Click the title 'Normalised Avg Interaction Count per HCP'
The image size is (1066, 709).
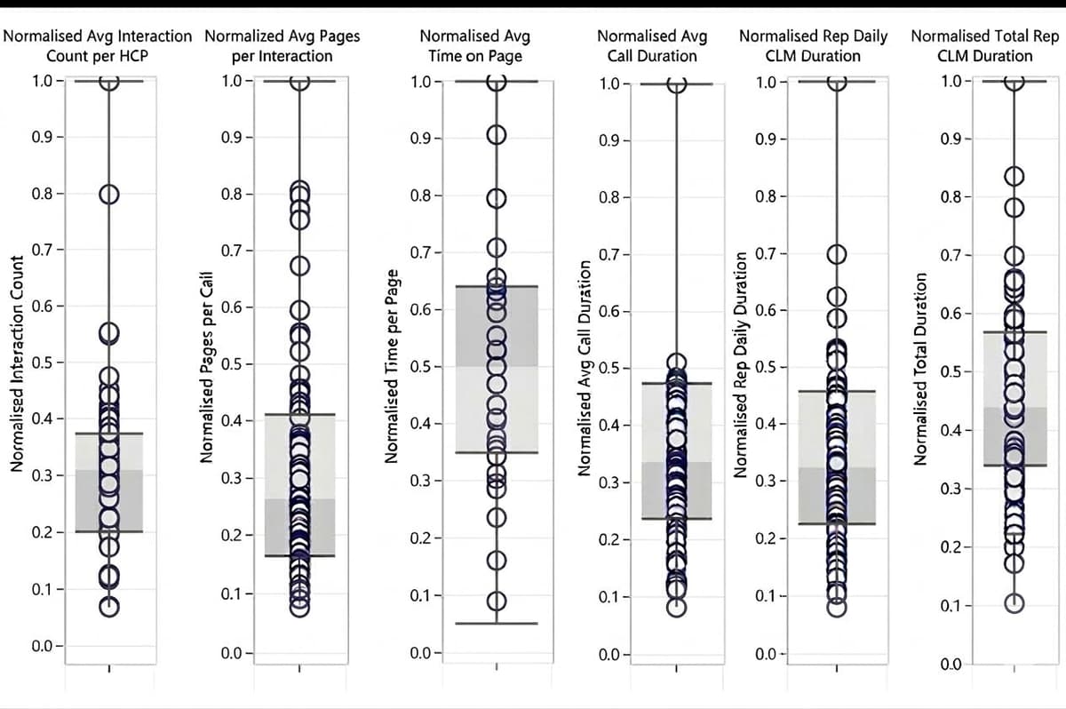pos(98,46)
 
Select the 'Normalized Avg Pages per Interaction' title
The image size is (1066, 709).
pos(282,46)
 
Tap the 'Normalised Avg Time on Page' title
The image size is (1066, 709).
pos(474,46)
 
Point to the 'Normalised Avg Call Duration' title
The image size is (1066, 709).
pos(652,46)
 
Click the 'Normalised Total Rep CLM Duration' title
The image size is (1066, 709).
pos(985,46)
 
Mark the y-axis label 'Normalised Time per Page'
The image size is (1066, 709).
pos(391,373)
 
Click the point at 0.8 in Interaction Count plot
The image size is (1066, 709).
pos(108,194)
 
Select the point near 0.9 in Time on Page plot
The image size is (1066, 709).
pos(497,135)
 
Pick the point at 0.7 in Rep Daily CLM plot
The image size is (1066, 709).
pos(836,254)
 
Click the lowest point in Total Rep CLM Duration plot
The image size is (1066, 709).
pos(1014,603)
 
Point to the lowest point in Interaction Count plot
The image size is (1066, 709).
pos(108,607)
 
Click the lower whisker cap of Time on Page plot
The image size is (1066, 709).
pos(497,624)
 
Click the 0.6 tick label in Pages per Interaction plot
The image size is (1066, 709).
pos(230,307)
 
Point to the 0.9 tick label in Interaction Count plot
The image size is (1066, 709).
pos(41,138)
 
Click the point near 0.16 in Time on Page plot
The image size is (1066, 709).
pos(497,561)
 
